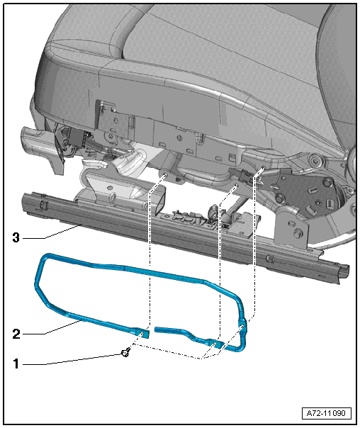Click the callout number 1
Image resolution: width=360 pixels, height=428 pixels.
(x=16, y=364)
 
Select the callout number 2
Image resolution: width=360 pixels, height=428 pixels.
(x=16, y=334)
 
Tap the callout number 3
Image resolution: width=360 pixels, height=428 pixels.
(x=16, y=238)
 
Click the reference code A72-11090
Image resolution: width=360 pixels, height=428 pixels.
(x=326, y=413)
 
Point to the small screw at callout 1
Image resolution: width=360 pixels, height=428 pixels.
(x=125, y=354)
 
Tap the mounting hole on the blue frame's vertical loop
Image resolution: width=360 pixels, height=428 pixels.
(x=242, y=327)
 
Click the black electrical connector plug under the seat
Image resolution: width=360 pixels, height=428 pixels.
(x=240, y=175)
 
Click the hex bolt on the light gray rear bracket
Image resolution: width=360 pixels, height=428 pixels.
(x=297, y=234)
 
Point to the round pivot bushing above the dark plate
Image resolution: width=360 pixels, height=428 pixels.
(x=317, y=159)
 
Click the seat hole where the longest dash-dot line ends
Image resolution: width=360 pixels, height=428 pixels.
(x=263, y=167)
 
